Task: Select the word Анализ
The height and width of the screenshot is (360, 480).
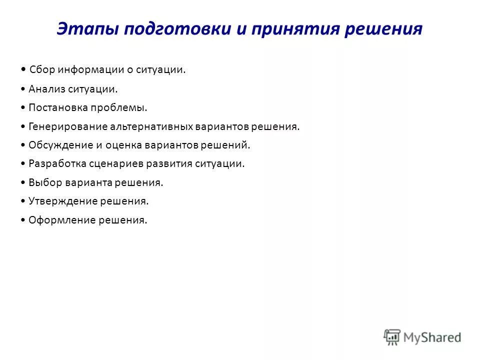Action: point(45,89)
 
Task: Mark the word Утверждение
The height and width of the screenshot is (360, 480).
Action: point(59,201)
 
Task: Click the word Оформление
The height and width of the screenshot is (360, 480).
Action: point(58,219)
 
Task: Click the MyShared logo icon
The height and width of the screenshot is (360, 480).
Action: point(392,337)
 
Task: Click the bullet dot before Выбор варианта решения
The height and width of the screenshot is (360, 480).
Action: point(24,182)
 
